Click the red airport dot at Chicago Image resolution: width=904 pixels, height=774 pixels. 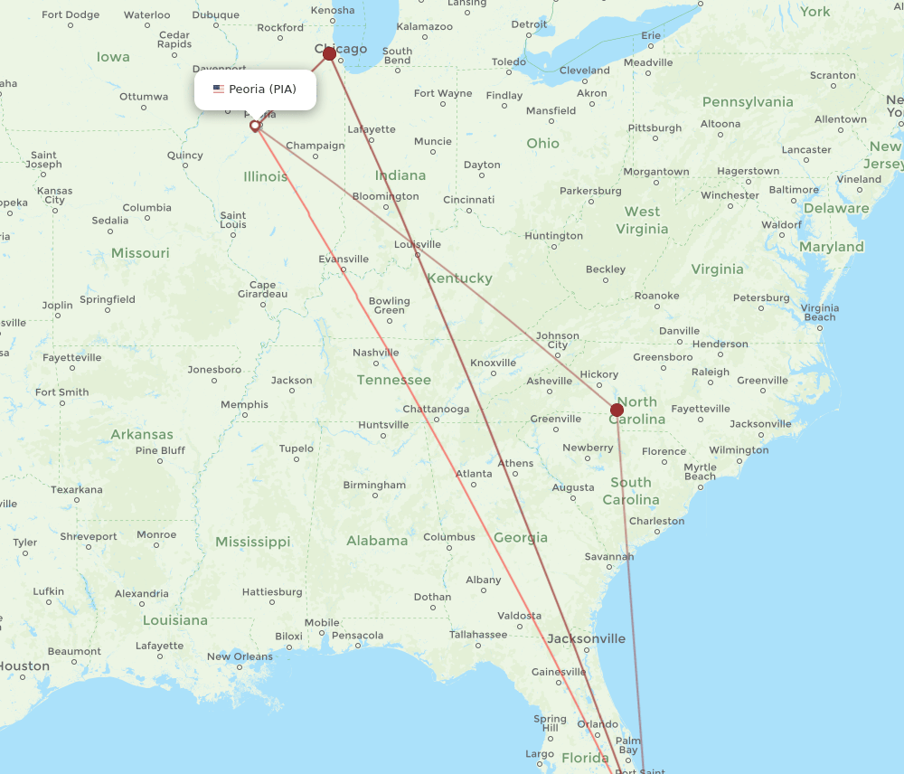[330, 53]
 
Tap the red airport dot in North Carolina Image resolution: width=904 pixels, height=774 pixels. [617, 410]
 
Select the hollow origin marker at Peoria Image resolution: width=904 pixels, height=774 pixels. [255, 126]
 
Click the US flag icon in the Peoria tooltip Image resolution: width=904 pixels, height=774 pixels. [219, 90]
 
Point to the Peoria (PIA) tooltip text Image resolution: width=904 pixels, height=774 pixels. [262, 90]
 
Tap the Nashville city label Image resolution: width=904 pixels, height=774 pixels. [376, 353]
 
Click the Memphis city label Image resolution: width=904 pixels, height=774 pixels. [244, 404]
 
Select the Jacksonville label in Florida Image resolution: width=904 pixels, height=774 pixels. [586, 638]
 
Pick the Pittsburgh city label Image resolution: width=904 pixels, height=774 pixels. [654, 128]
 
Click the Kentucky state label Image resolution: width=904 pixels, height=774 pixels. [460, 278]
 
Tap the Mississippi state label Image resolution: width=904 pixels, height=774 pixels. [252, 542]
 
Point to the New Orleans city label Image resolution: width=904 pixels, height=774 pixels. [240, 656]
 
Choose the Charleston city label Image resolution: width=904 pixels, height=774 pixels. [657, 521]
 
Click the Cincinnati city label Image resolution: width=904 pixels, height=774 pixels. [468, 199]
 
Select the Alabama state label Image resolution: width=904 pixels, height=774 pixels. [377, 541]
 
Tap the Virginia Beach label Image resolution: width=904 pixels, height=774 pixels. [820, 313]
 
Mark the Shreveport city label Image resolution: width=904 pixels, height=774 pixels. [89, 536]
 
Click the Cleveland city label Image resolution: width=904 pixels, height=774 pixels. [584, 71]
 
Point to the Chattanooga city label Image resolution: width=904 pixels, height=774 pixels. [436, 409]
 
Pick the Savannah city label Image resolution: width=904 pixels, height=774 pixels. [602, 556]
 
